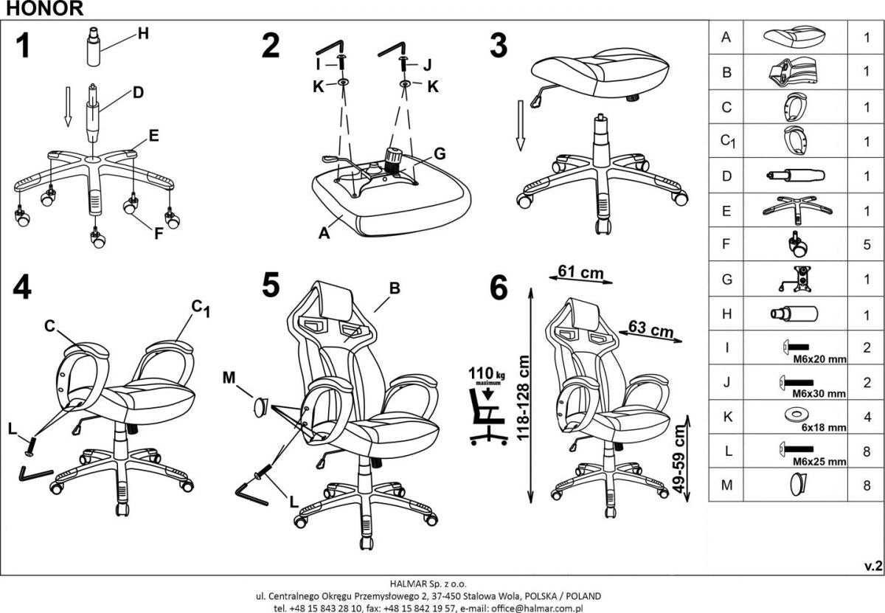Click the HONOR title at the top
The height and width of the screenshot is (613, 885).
click(42, 9)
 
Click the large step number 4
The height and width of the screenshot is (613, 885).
click(22, 288)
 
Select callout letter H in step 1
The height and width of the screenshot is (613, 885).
click(143, 32)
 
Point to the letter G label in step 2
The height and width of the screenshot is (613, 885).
click(440, 154)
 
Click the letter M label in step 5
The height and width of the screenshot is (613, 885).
click(229, 378)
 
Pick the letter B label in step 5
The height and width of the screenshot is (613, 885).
click(395, 289)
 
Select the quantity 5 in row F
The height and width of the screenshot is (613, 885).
click(867, 244)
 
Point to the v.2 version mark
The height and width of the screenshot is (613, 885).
click(872, 566)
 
